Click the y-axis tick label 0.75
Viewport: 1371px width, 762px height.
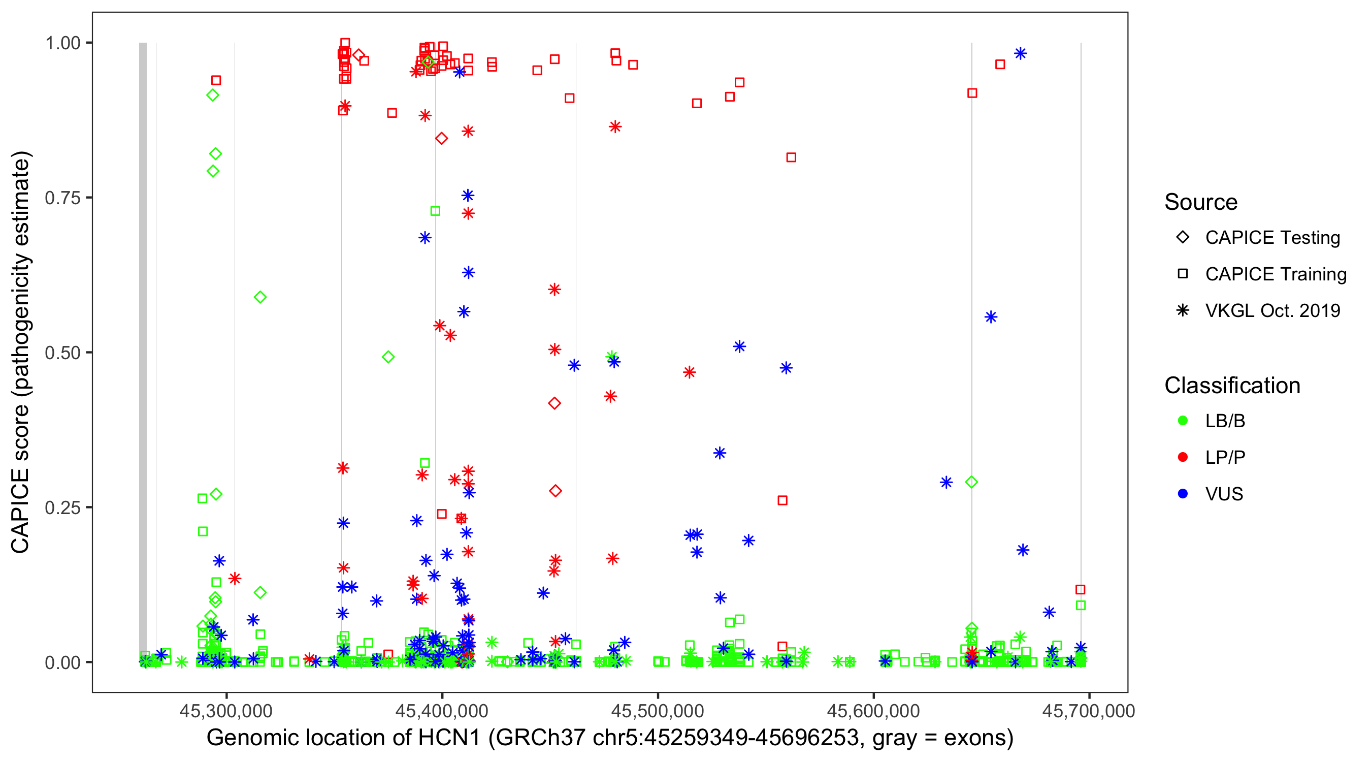(62, 198)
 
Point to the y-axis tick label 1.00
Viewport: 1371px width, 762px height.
(62, 43)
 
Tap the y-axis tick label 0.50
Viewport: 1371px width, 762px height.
(62, 353)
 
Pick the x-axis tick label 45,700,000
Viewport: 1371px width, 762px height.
(1088, 711)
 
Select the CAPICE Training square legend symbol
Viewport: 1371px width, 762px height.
(1183, 274)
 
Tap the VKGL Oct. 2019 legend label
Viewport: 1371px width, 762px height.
(1272, 311)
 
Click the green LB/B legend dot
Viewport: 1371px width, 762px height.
(1183, 421)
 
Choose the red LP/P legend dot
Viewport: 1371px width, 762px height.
(1183, 457)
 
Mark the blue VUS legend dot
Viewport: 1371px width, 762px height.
(1183, 494)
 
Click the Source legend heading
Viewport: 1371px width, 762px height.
(1201, 202)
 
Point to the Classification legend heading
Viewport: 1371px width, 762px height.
(1232, 386)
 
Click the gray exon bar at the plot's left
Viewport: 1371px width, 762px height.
(143, 352)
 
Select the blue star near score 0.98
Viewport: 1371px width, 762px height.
(1020, 54)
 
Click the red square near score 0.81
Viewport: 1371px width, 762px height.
(791, 157)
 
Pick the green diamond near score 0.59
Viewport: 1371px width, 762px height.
(259, 298)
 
